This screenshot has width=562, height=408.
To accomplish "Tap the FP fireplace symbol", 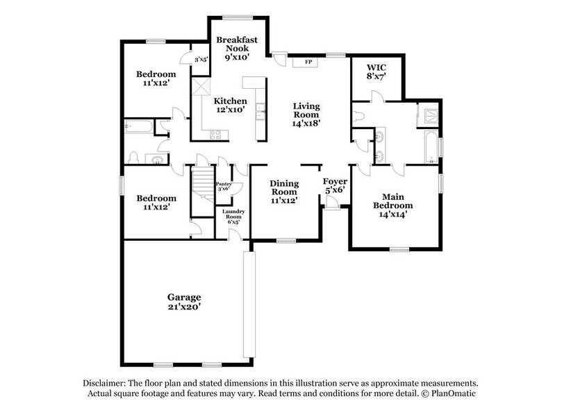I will coord(307,62).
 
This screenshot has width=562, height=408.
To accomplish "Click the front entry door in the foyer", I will coord(333,202).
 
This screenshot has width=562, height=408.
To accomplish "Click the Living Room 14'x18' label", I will coord(306,114).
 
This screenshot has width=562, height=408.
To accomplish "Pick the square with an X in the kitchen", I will coord(202,87).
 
